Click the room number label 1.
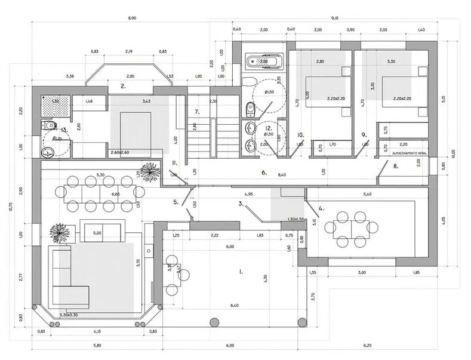[241, 272]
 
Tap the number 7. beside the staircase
[197, 112]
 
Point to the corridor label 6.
[263, 173]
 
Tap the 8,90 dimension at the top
[132, 19]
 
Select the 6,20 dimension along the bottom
[367, 346]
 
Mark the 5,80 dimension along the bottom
[97, 346]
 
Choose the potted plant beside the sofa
[60, 232]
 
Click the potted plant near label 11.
[150, 172]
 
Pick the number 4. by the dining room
[321, 209]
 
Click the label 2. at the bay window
[123, 87]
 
